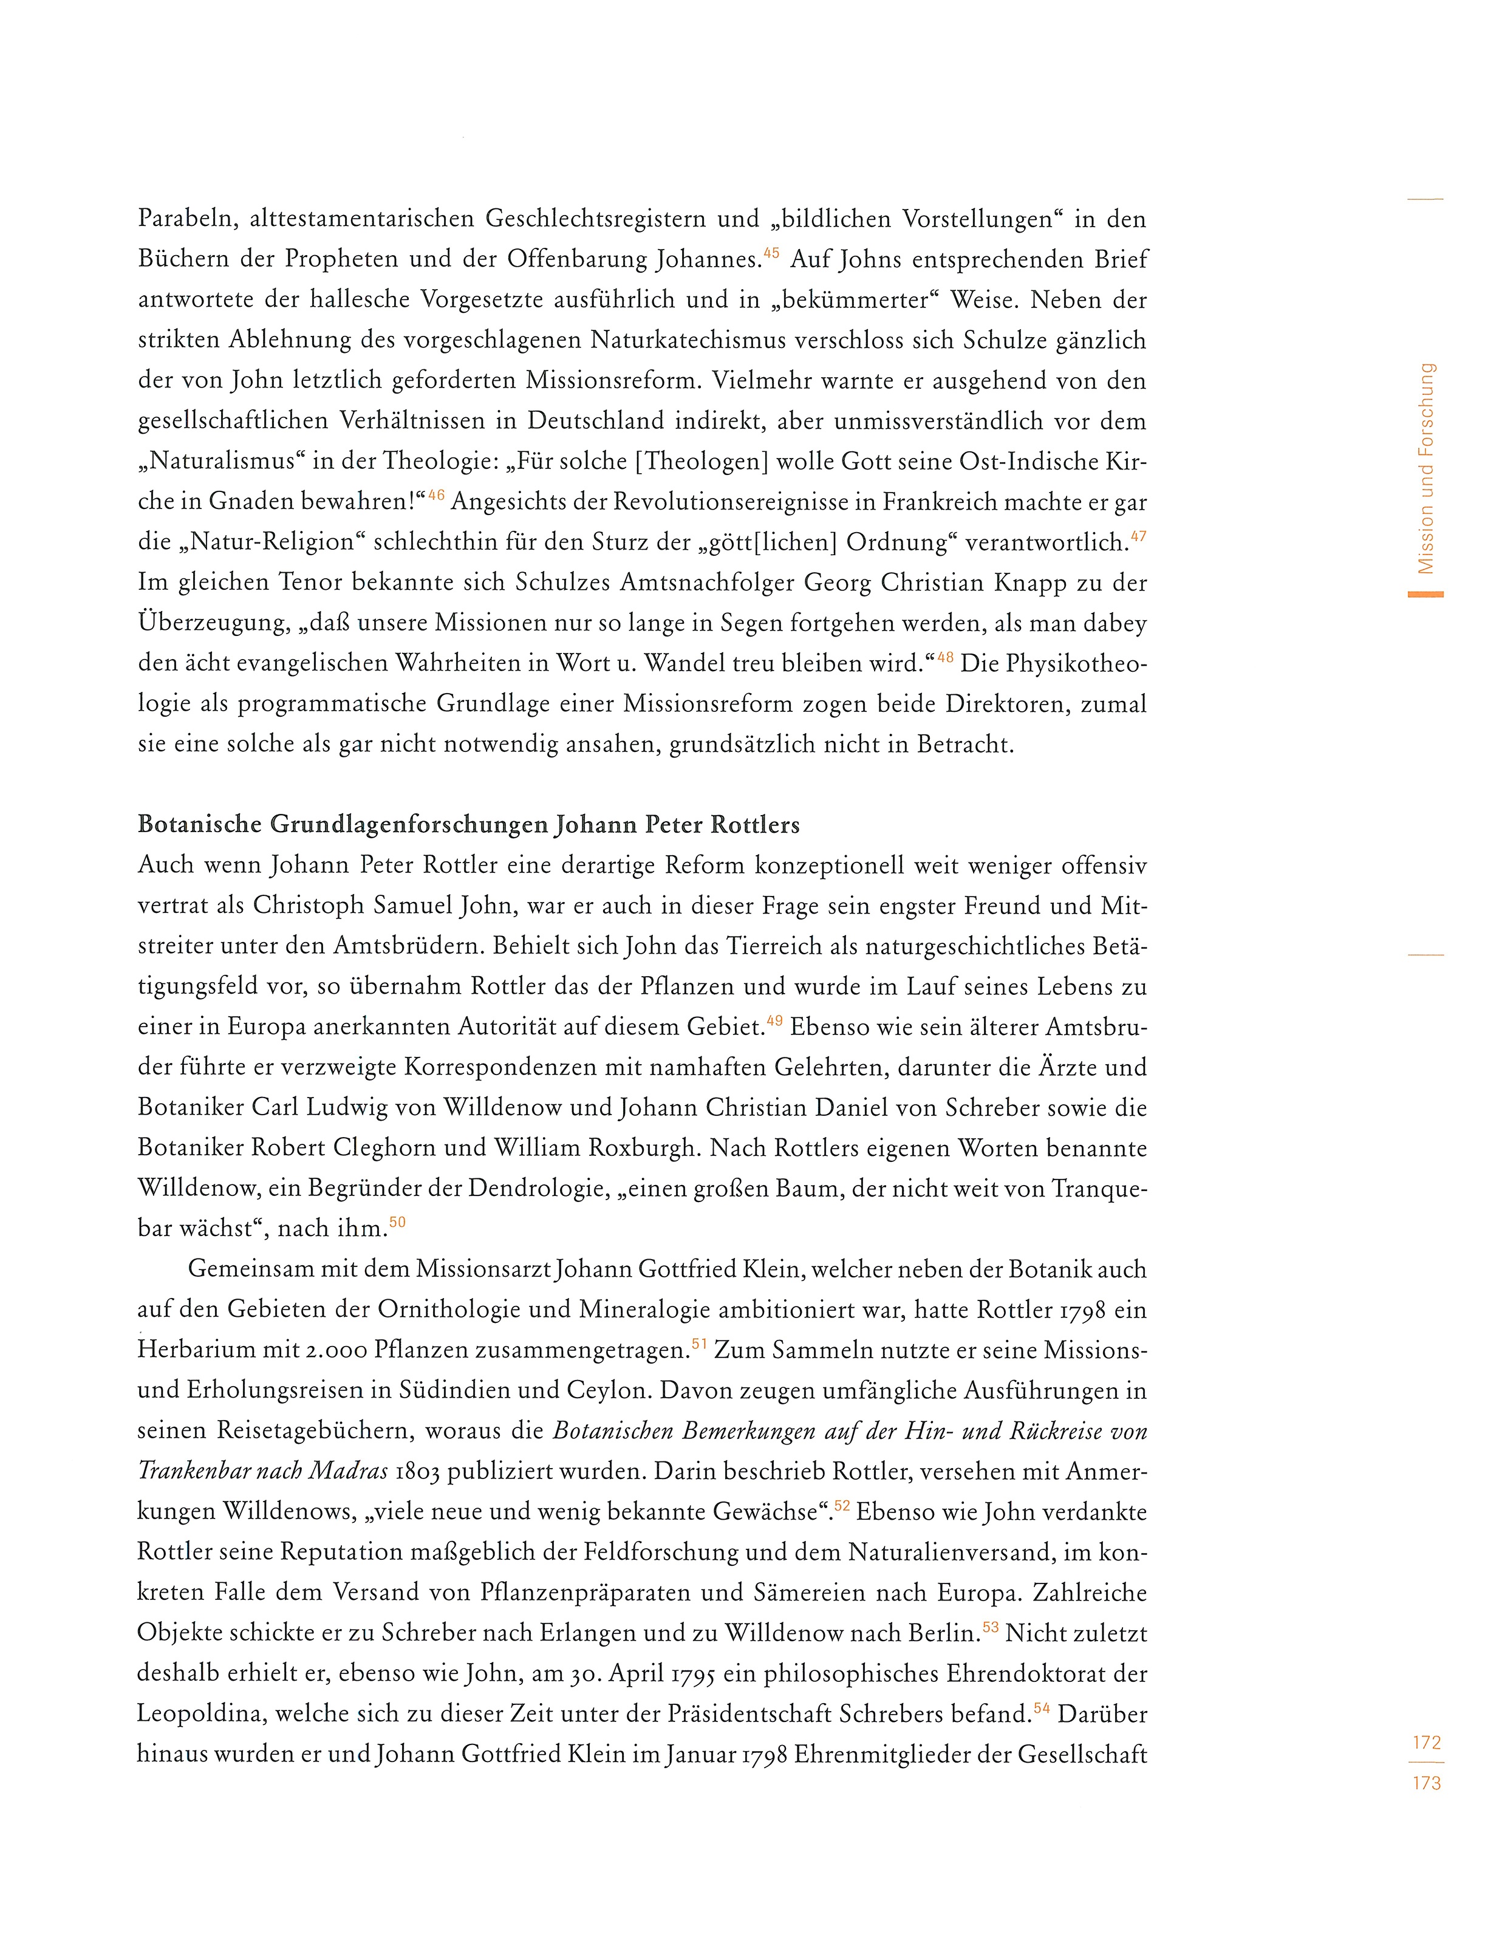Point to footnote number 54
[1040, 1709]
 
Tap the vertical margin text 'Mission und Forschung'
[1425, 468]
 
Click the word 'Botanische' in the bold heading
[200, 825]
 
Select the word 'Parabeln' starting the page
[186, 219]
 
